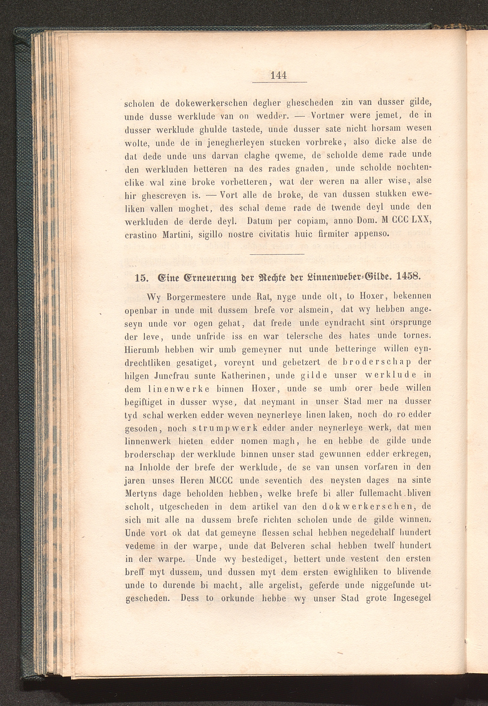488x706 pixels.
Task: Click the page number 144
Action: (x=279, y=75)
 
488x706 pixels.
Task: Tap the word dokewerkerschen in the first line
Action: (x=211, y=103)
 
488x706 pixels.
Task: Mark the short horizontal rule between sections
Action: (x=277, y=254)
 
